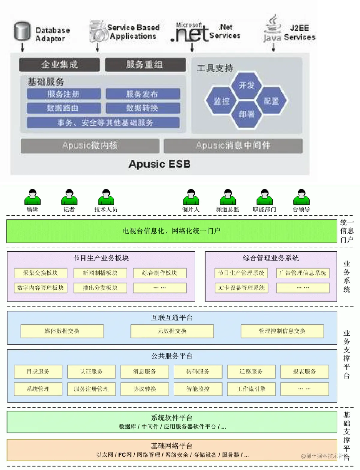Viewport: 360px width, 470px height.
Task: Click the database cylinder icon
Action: click(22, 31)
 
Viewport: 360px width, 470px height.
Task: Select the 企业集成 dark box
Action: click(59, 64)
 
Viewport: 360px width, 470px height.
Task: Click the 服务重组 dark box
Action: click(145, 64)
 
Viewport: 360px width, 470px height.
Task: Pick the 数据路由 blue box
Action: click(64, 108)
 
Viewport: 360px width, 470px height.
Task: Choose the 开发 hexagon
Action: click(247, 85)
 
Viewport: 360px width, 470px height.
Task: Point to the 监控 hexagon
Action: click(221, 101)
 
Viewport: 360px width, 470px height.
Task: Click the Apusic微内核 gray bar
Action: click(90, 146)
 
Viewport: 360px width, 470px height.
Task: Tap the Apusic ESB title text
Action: click(160, 164)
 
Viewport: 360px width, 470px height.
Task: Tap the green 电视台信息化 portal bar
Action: click(172, 231)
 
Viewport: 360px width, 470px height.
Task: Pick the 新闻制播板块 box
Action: click(100, 273)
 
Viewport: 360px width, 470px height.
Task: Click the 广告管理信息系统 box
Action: click(303, 273)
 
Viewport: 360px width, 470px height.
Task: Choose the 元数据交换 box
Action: click(172, 331)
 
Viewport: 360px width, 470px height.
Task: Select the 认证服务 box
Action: click(91, 372)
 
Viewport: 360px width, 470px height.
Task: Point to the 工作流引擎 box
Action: click(251, 389)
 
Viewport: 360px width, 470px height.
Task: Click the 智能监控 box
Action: click(198, 389)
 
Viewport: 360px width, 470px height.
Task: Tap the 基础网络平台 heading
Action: click(172, 446)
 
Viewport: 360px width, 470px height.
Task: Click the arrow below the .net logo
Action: click(192, 47)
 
